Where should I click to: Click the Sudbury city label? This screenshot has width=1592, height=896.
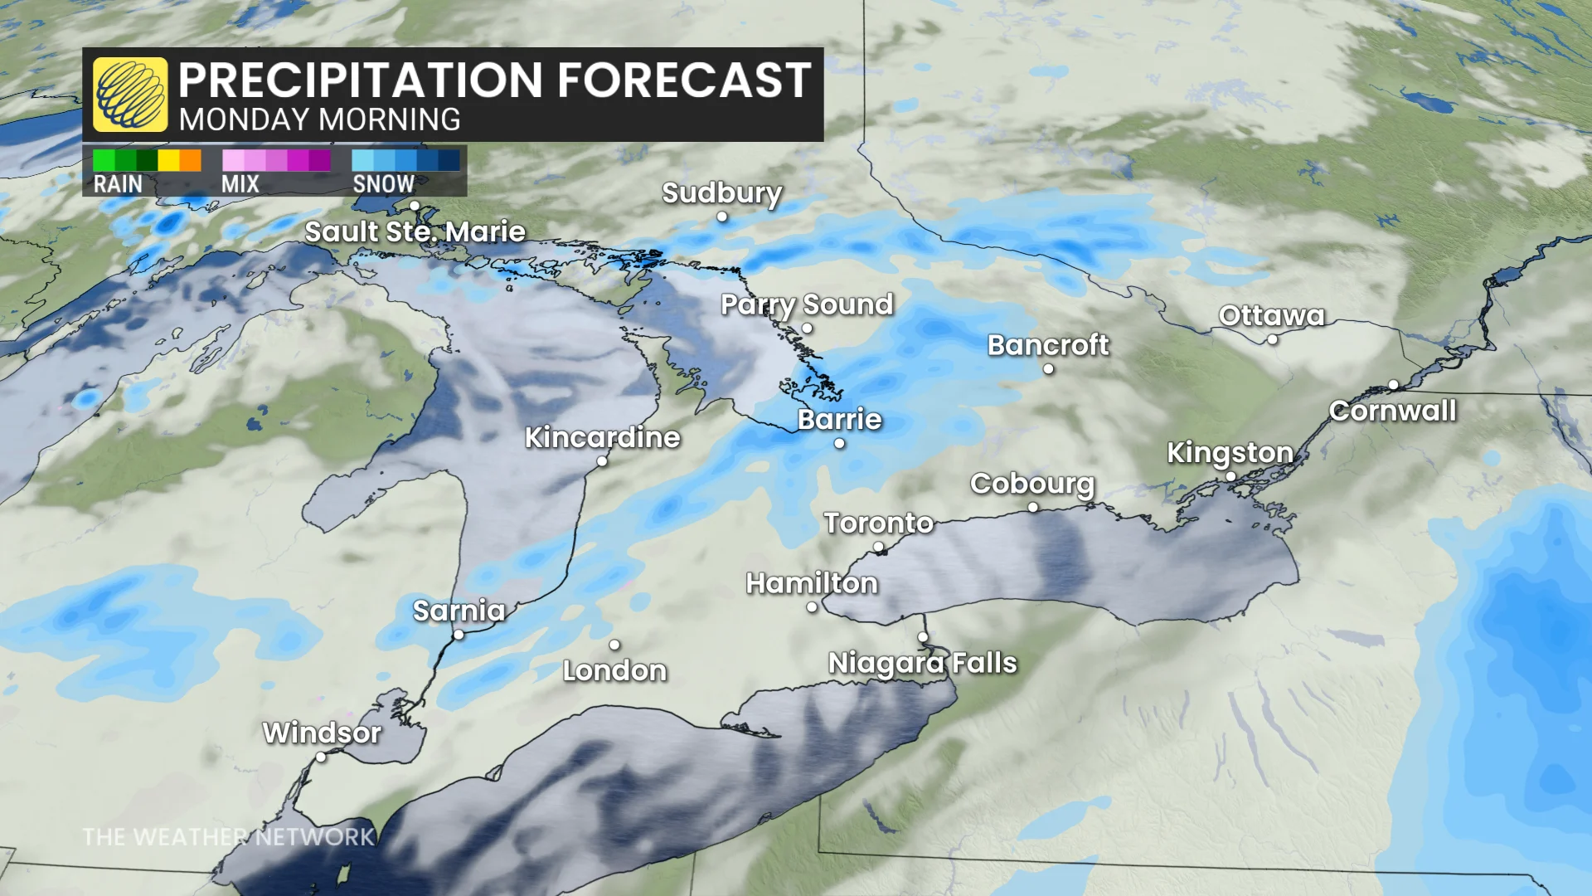point(721,192)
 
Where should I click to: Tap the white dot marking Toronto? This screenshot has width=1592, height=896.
point(879,548)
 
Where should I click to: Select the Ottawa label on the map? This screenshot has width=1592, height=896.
point(1271,315)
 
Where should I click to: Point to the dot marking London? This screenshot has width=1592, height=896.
point(614,645)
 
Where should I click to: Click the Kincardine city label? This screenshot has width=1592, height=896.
point(602,437)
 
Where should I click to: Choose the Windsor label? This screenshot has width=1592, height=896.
point(322,733)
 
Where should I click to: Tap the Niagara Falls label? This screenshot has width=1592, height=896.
point(922,663)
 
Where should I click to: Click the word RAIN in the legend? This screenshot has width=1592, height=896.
point(118,184)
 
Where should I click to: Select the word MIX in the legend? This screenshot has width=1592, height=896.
point(240,184)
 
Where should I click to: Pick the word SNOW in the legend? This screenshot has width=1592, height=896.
point(383,184)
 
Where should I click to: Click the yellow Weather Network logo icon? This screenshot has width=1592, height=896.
point(130,95)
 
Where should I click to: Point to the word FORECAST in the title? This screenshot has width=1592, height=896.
point(684,80)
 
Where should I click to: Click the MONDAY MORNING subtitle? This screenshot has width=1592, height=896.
point(319,120)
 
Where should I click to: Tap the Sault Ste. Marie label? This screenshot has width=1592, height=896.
point(415,231)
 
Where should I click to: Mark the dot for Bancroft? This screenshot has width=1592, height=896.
point(1048,368)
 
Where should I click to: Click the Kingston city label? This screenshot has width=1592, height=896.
point(1230,452)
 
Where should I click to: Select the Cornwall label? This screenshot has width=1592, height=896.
point(1392,411)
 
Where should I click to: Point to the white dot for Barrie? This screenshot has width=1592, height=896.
point(839,443)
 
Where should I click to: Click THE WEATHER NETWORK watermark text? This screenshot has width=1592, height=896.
point(229,837)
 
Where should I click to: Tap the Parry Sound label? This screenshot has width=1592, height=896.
point(806,304)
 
